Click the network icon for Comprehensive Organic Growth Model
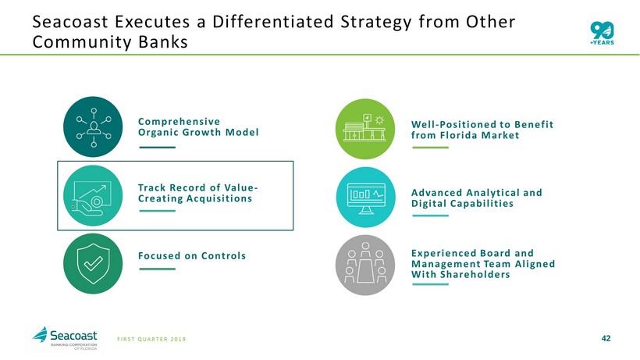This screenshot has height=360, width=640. (93, 127)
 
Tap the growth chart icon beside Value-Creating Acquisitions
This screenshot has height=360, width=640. (93, 195)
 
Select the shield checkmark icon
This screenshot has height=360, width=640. (93, 264)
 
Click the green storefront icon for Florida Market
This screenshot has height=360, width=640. (365, 129)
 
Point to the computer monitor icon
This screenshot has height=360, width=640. (366, 197)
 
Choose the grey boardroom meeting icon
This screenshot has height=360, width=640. (365, 265)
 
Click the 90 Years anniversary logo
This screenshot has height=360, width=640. (602, 33)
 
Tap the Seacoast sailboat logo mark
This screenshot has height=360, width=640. (40, 335)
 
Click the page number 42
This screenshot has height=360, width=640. (606, 338)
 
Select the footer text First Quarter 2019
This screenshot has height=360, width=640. (151, 339)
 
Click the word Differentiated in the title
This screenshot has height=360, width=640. (273, 22)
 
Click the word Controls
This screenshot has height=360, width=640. (223, 256)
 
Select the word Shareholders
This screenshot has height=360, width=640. (475, 275)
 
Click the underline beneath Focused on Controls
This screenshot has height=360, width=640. (157, 269)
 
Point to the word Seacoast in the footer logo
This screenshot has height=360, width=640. (73, 336)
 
